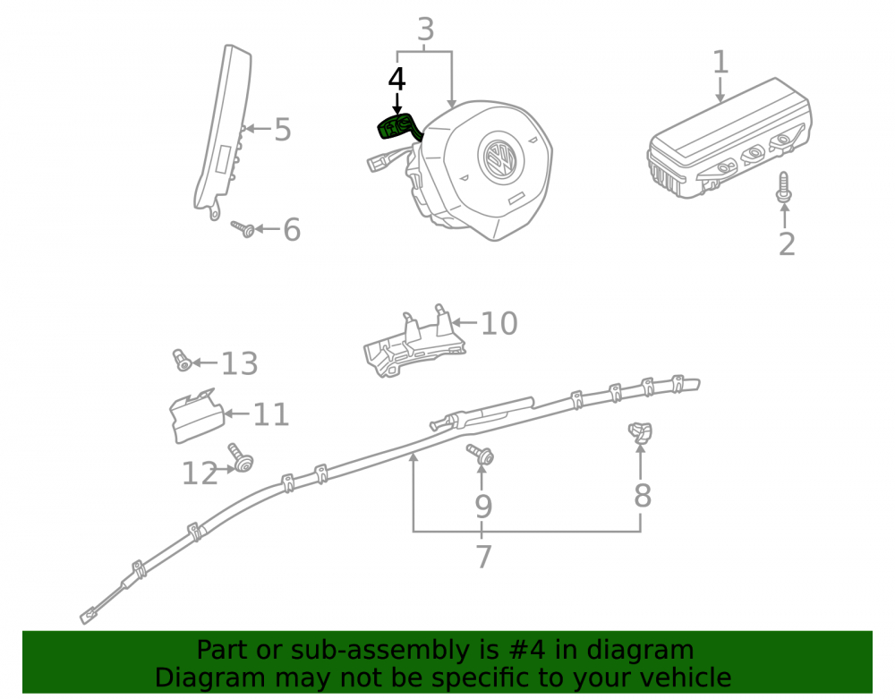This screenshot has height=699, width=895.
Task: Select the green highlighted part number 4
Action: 399,128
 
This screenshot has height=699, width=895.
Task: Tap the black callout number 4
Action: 396,80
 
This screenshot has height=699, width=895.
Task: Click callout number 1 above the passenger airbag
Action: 720,62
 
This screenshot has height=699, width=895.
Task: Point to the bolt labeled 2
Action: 784,187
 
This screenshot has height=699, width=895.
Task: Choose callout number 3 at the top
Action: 426,29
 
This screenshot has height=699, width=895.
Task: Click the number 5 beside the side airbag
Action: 283,130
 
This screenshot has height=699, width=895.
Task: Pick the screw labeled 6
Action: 243,228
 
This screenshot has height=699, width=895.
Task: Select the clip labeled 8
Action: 641,432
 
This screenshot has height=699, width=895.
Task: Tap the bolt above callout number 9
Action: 481,454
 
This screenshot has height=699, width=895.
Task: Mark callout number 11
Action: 271,414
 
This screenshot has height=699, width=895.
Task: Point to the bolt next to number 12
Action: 241,457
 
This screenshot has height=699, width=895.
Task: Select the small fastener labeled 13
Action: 182,360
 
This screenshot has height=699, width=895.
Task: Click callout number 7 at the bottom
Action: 483,557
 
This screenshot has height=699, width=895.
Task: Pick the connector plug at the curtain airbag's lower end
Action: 89,617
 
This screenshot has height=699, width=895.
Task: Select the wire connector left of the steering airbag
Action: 378,163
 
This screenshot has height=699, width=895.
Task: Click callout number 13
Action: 239,363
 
